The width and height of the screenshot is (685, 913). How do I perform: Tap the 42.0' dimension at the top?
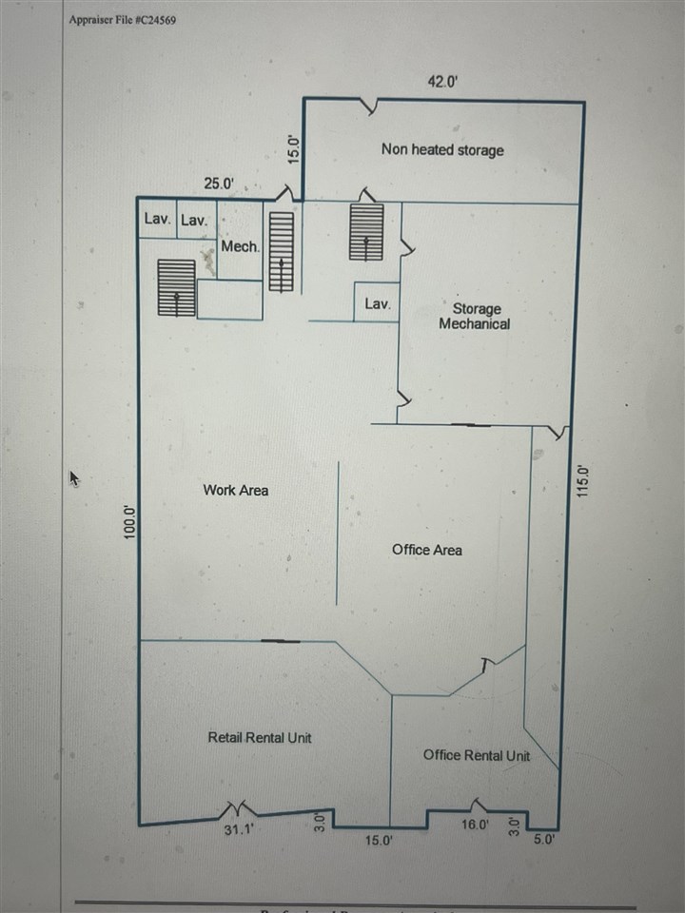click(x=442, y=82)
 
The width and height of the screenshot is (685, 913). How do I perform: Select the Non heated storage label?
click(x=442, y=149)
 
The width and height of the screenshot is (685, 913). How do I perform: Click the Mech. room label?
click(x=240, y=246)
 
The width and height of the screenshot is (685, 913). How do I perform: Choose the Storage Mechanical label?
click(x=475, y=316)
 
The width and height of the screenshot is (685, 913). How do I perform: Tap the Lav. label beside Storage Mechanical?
click(x=378, y=304)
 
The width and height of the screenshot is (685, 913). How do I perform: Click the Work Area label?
click(x=235, y=490)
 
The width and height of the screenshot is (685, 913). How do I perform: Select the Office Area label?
click(x=426, y=550)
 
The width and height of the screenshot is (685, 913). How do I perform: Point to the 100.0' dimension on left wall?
click(x=131, y=524)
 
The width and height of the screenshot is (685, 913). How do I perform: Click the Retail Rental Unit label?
click(x=259, y=737)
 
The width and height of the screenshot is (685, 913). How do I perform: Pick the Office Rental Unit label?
click(x=476, y=755)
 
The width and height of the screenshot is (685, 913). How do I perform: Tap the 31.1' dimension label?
click(x=237, y=829)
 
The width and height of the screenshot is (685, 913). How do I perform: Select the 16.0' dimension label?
click(x=475, y=826)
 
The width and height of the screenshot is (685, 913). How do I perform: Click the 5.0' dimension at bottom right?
click(x=543, y=840)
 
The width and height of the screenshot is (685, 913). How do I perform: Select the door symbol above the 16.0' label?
click(x=476, y=805)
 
